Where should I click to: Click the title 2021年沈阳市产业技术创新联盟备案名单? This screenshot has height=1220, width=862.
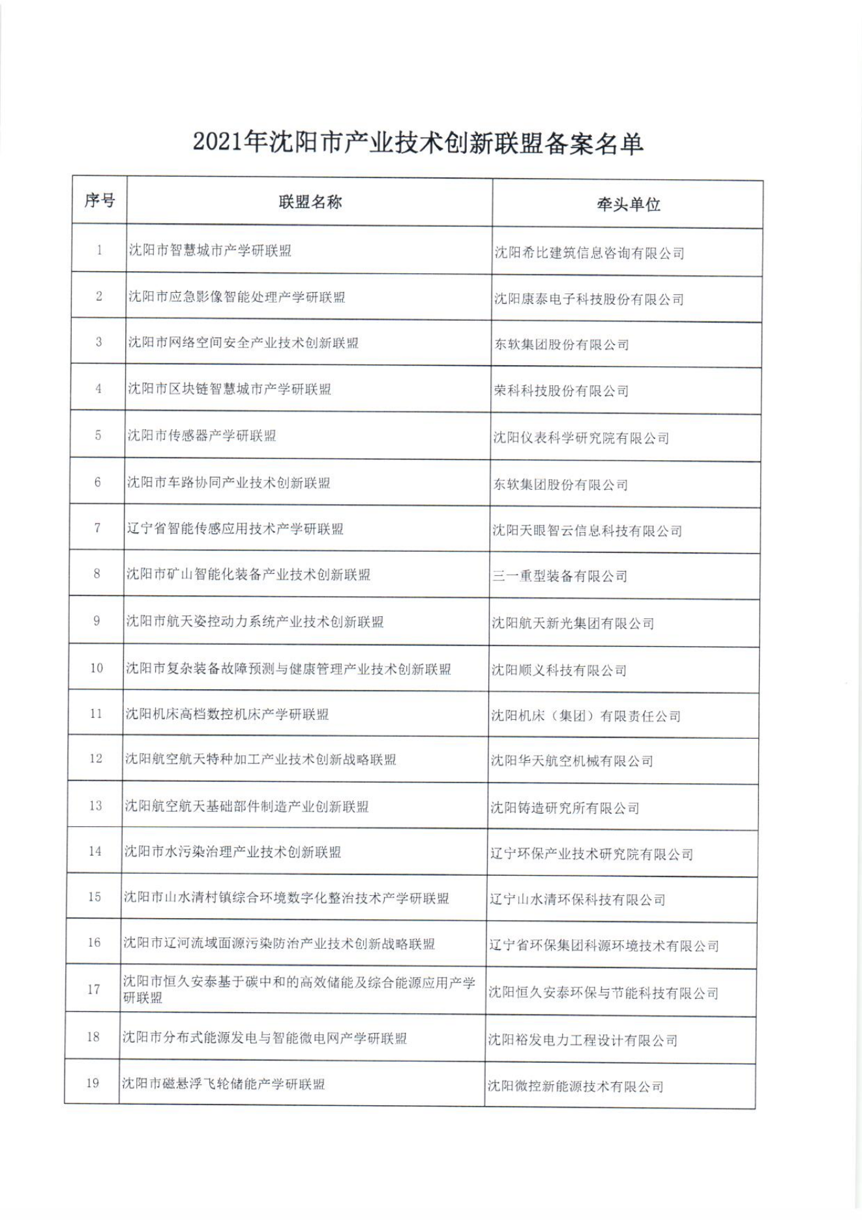418,143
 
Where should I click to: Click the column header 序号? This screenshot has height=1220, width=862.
99,200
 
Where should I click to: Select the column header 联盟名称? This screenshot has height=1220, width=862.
310,202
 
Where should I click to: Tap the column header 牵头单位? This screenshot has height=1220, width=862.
628,205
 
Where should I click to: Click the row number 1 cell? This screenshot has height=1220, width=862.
99,250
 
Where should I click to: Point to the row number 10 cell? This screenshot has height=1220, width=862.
97,668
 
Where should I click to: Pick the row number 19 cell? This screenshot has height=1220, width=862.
93,1083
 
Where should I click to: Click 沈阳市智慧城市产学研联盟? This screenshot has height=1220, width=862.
210,250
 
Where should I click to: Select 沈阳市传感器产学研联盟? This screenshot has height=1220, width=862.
201,435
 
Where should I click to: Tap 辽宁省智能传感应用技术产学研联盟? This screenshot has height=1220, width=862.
235,528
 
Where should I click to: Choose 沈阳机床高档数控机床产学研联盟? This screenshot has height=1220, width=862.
227,714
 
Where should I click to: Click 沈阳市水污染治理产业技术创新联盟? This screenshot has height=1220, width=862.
233,852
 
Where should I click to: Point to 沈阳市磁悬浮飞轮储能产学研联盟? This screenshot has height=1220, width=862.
224,1084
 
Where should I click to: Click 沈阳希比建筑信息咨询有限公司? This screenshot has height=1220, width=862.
589,253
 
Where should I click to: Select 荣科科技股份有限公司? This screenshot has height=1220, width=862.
561,391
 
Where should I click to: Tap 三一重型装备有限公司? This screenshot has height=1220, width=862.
559,576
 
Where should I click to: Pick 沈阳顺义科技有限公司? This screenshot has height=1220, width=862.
559,670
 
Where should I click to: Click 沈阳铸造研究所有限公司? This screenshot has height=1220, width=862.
565,808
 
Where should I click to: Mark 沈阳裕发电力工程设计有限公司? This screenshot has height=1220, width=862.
583,1040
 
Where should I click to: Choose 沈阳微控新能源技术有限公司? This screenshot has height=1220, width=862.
576,1086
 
